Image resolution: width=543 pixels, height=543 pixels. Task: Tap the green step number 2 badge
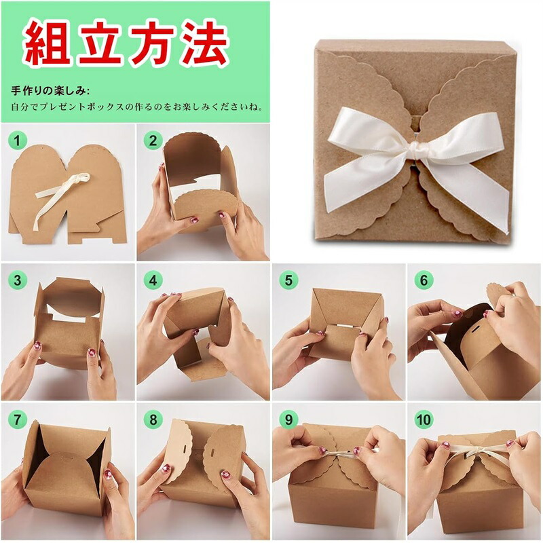click(153, 141)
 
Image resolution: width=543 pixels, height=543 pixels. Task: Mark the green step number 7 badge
click(16, 419)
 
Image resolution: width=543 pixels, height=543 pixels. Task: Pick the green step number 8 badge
click(153, 419)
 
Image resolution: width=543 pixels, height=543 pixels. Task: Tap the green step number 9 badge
click(288, 419)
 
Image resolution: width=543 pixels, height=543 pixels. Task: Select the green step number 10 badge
click(424, 419)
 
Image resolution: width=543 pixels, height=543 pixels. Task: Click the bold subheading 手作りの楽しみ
click(48, 91)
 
